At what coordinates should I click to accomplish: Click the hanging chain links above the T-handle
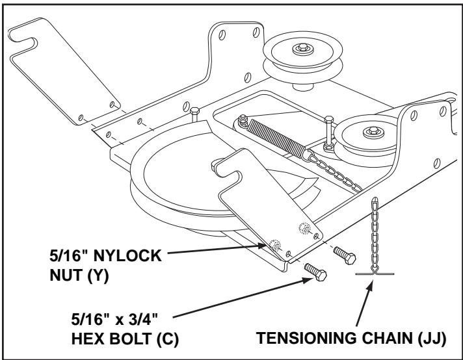click(373, 234)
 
